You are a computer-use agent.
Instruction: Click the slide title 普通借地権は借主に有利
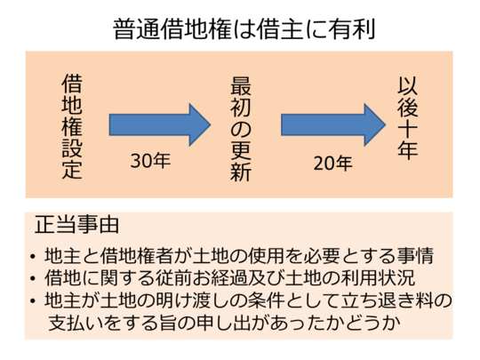tap(244, 29)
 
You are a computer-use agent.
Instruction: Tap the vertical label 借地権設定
tap(72, 126)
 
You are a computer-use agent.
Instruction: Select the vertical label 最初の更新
tap(241, 129)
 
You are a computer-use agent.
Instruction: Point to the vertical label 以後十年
tap(407, 118)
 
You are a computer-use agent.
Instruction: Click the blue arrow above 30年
tap(160, 124)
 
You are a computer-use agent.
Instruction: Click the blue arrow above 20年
tap(333, 124)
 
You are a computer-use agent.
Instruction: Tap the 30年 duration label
tap(150, 160)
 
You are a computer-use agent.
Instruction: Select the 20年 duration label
tap(333, 163)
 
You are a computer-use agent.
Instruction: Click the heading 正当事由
tap(76, 225)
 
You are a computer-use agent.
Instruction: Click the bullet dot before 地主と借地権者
tap(33, 257)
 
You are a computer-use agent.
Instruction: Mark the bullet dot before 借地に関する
tap(33, 278)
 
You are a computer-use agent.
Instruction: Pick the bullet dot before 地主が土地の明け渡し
tap(33, 301)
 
